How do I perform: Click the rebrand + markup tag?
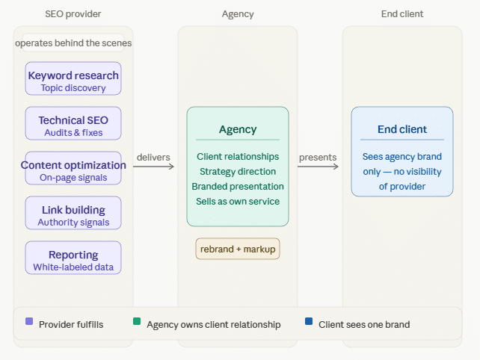point(238,249)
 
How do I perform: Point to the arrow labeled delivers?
point(154,167)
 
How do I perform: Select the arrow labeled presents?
point(318,167)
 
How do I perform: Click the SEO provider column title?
point(73,13)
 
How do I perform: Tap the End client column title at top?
point(402,13)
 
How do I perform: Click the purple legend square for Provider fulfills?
point(29,322)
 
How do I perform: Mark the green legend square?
point(137,322)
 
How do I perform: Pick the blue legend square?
point(309,322)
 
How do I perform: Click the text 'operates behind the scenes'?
point(73,43)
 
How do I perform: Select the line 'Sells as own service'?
point(238,201)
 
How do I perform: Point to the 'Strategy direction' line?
point(238,171)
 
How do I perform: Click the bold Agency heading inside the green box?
point(238,129)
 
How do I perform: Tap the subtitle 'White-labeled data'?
point(73,267)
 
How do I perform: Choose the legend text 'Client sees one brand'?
point(364,325)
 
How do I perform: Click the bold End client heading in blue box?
point(402,129)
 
